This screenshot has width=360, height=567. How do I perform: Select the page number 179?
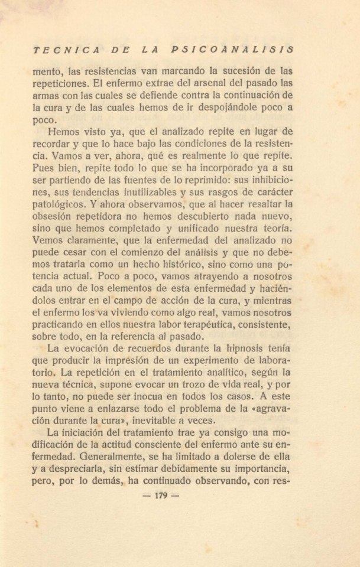click(162, 496)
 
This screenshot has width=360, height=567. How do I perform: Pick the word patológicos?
click(59, 203)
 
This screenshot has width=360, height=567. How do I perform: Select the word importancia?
click(261, 470)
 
